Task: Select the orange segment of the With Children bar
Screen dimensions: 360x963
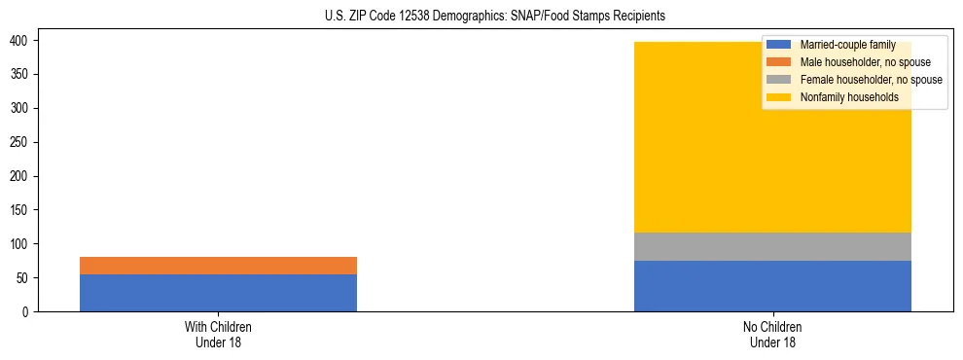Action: click(x=218, y=266)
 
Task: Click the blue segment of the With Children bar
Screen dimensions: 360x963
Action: click(x=218, y=293)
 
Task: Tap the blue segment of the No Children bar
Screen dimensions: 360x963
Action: click(x=772, y=286)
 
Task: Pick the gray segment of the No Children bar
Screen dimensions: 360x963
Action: click(x=772, y=246)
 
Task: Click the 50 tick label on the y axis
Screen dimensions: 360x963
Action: click(x=23, y=278)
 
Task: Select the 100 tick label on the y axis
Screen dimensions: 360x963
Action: click(x=20, y=244)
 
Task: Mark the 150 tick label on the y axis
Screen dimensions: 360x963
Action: click(x=20, y=210)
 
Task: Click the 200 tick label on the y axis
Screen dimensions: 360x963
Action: click(x=20, y=176)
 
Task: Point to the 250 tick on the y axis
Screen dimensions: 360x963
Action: click(x=20, y=142)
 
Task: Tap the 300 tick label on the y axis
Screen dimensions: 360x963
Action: click(x=20, y=108)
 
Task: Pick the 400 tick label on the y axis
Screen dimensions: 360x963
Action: click(x=20, y=41)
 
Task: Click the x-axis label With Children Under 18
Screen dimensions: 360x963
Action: click(x=218, y=335)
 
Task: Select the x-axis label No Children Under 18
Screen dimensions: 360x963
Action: click(x=772, y=335)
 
